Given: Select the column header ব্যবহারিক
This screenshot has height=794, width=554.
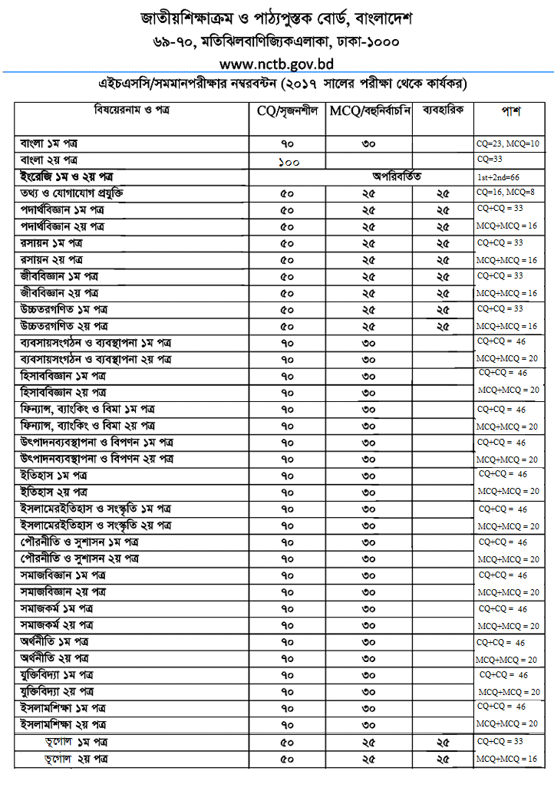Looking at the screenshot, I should click(x=443, y=110).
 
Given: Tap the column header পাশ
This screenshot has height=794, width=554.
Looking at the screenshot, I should click(x=511, y=111).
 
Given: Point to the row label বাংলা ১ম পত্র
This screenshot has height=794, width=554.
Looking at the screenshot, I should click(x=50, y=144).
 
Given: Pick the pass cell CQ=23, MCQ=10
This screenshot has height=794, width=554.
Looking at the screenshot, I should click(x=508, y=144).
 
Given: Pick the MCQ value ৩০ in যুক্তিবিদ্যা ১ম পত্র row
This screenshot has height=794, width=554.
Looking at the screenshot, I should click(x=368, y=675).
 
